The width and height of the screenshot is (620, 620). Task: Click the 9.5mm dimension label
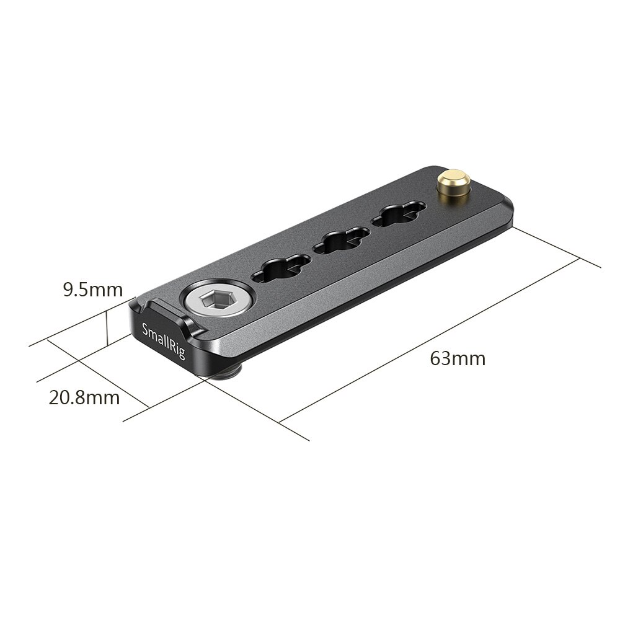pyautogui.click(x=93, y=290)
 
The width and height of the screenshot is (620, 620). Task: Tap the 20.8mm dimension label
pyautogui.click(x=84, y=397)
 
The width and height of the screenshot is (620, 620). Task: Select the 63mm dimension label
pyautogui.click(x=458, y=358)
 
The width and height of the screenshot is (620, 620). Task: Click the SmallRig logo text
pyautogui.click(x=163, y=342)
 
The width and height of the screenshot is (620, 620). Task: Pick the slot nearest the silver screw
pyautogui.click(x=280, y=268)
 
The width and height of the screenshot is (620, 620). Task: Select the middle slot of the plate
pyautogui.click(x=340, y=241)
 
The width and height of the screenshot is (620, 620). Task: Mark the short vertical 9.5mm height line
pyautogui.click(x=108, y=327)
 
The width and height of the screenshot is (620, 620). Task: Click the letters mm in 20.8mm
pyautogui.click(x=103, y=397)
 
